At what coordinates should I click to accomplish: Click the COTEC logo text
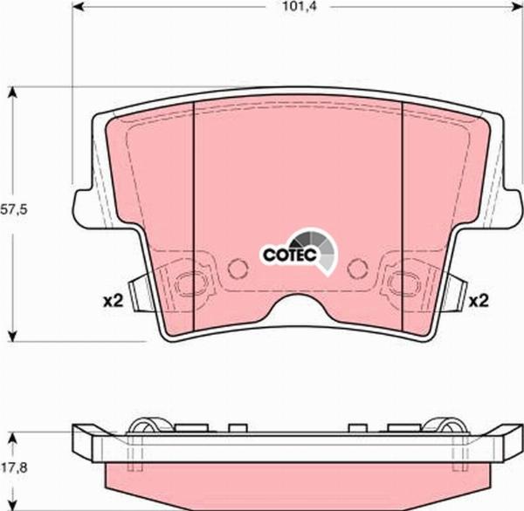pyautogui.click(x=283, y=255)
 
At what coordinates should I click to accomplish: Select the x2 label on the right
pyautogui.click(x=477, y=302)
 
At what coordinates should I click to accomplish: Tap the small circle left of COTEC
pyautogui.click(x=236, y=268)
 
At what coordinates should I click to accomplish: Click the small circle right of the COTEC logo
pyautogui.click(x=355, y=268)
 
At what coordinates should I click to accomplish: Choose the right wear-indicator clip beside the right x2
pyautogui.click(x=455, y=288)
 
